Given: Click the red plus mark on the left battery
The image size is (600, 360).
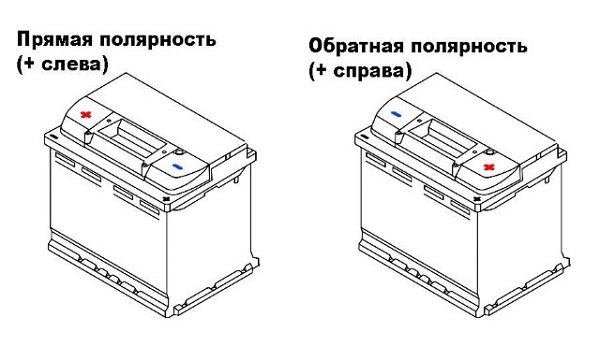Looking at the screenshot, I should click(x=87, y=115).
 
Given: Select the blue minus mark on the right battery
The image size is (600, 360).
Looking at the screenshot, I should click(x=397, y=115).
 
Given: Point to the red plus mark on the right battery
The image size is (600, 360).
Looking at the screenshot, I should click(x=488, y=166).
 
